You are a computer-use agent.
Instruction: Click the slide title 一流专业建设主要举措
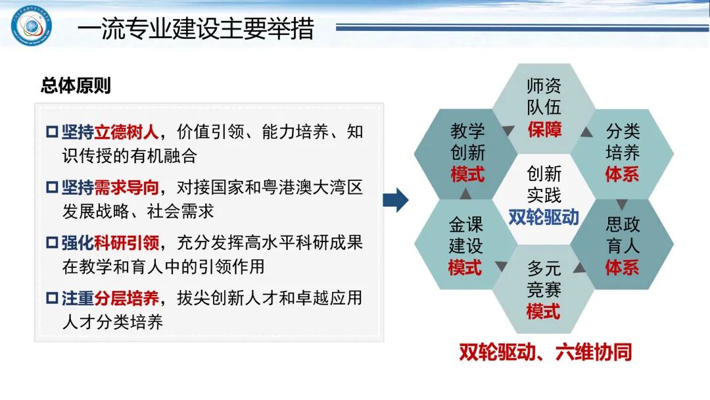point(195,29)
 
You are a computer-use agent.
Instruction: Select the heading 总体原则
point(76,86)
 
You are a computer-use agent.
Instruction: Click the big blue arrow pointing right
point(395,200)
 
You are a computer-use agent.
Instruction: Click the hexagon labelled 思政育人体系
point(622,245)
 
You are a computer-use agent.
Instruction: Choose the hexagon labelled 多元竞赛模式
point(544,289)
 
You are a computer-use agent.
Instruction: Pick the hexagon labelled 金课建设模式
point(465,245)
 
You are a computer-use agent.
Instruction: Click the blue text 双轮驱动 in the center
point(544,217)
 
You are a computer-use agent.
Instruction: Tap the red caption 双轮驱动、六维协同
point(545,352)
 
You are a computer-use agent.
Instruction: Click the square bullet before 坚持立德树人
point(52,132)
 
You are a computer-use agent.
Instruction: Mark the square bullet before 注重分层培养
point(52,299)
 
